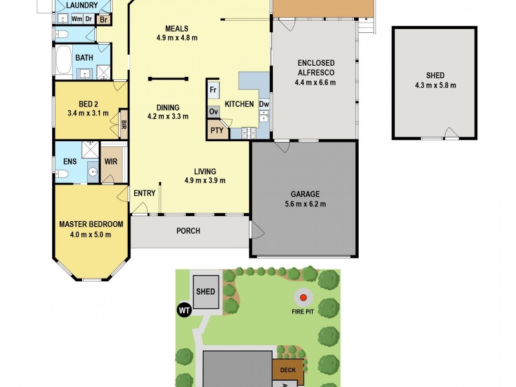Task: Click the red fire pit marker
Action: [x=303, y=298]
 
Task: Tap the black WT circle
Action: [x=184, y=310]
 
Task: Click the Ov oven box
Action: [x=213, y=112]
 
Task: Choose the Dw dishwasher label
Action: [x=264, y=104]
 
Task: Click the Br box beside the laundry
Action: [x=103, y=19]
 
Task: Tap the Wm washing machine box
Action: [x=77, y=19]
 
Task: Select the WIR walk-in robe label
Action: [x=111, y=161]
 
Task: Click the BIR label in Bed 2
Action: [x=123, y=124]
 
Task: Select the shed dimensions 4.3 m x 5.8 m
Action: [x=435, y=85]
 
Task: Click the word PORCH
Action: [x=188, y=231]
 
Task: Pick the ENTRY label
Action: [x=144, y=193]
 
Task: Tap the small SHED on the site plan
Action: [x=206, y=292]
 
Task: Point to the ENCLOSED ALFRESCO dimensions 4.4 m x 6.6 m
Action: [x=315, y=82]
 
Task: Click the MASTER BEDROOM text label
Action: [x=91, y=224]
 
